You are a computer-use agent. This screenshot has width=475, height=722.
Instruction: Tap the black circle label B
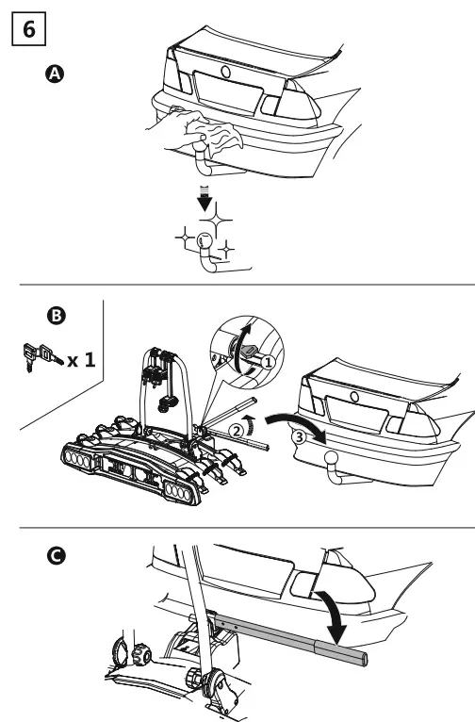(x=56, y=316)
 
